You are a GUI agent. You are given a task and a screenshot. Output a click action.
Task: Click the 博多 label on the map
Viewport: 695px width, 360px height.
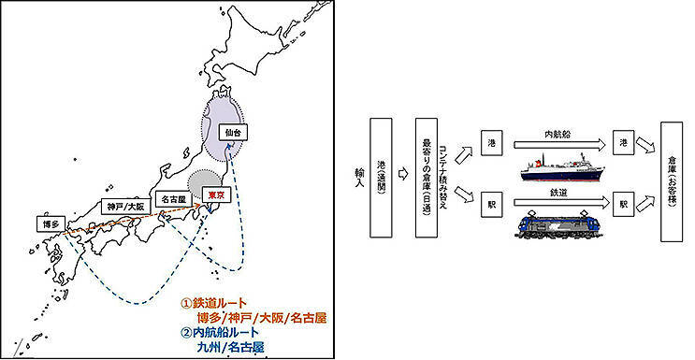coord(51,223)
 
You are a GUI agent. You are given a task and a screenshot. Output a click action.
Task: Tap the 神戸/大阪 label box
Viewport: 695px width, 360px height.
coord(126,206)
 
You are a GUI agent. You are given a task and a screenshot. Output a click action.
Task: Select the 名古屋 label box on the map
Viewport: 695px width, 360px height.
coord(173,199)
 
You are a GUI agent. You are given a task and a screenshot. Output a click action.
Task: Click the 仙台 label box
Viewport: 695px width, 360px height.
coord(233,132)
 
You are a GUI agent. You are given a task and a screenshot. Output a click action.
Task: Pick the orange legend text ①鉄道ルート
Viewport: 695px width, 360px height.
coord(213,304)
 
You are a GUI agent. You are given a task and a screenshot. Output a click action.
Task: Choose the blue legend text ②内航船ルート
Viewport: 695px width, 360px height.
coord(220,332)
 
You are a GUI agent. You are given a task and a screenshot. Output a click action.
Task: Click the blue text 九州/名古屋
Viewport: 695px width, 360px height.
coord(230,346)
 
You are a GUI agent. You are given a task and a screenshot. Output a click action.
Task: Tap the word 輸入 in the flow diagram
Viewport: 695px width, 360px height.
coord(359,177)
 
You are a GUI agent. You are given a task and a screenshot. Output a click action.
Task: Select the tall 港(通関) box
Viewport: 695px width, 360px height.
coord(381,178)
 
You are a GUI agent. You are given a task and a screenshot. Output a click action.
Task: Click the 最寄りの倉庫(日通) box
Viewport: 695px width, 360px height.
coord(426,178)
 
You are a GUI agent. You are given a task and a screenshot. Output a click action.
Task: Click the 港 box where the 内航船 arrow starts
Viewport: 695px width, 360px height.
coord(492,143)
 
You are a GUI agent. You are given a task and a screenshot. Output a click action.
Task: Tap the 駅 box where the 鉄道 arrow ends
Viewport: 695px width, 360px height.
coord(623,205)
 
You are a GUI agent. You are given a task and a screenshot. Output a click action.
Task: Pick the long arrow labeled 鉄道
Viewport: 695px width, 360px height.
coord(560,203)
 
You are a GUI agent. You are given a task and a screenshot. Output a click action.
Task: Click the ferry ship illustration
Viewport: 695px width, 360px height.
coord(562,167)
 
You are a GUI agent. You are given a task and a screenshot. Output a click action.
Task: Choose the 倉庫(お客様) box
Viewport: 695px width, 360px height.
coord(672,181)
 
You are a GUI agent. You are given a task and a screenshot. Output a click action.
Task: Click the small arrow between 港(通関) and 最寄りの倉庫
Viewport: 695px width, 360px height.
coord(403,174)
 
